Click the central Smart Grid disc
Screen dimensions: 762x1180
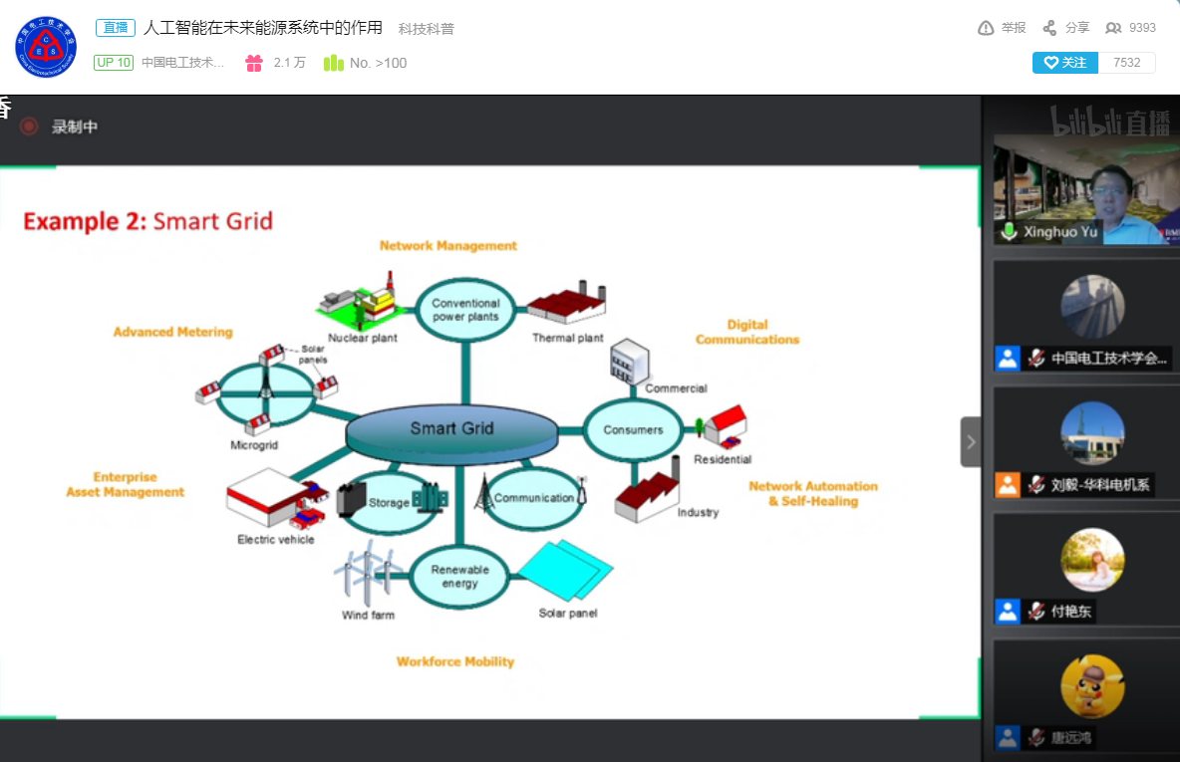(x=451, y=430)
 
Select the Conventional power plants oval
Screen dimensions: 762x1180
(x=464, y=310)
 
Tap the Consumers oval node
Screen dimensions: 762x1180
(x=633, y=430)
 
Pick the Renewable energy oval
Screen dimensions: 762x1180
(x=459, y=577)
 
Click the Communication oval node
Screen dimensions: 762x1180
(x=534, y=498)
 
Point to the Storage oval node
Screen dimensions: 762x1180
(x=389, y=502)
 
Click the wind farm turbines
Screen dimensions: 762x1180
(x=368, y=575)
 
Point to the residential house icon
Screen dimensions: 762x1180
(x=723, y=425)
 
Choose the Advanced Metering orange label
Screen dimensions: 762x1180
(x=172, y=332)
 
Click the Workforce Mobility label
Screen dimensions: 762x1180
(x=455, y=661)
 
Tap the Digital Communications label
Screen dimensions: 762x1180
(x=747, y=332)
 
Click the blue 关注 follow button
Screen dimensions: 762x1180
(x=1064, y=63)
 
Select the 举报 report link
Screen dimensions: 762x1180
(x=1002, y=28)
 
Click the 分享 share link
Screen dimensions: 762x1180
(x=1066, y=28)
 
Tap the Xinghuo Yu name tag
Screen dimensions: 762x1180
(x=1060, y=232)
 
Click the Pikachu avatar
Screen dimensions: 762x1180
(x=1092, y=685)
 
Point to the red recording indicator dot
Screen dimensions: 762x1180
(x=29, y=127)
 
